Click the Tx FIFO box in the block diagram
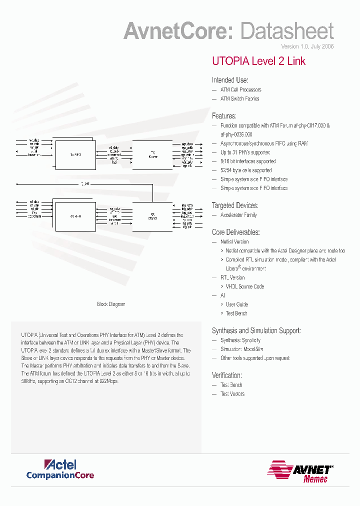pyautogui.click(x=75, y=155)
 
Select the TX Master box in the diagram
pyautogui.click(x=152, y=155)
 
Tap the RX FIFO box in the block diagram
pyautogui.click(x=75, y=216)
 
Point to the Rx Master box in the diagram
pyautogui.click(x=152, y=216)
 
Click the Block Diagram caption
pyautogui.click(x=111, y=304)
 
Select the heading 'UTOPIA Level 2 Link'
pyautogui.click(x=258, y=61)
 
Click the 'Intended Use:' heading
pyautogui.click(x=230, y=80)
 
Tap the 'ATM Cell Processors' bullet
pyautogui.click(x=240, y=90)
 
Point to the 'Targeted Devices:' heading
pyautogui.click(x=235, y=205)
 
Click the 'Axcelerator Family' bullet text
pyautogui.click(x=238, y=215)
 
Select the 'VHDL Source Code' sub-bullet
pyautogui.click(x=244, y=286)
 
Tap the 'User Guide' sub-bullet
pyautogui.click(x=236, y=304)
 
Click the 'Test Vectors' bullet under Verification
pyautogui.click(x=232, y=394)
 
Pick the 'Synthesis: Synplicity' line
pyautogui.click(x=240, y=340)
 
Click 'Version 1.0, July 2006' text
pyautogui.click(x=307, y=46)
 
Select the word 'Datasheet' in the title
pyautogui.click(x=287, y=31)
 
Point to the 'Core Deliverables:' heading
pyautogui.click(x=235, y=232)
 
